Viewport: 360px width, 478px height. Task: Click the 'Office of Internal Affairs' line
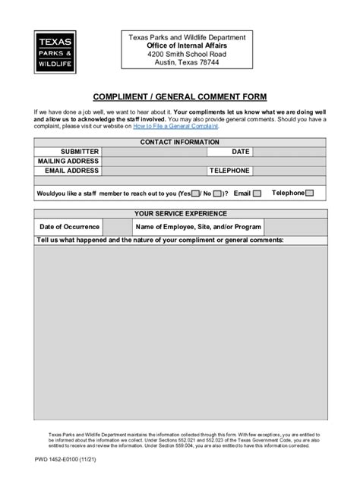point(181,46)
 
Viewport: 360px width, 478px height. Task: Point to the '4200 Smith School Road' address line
point(181,55)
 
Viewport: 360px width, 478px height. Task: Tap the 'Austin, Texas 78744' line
point(181,64)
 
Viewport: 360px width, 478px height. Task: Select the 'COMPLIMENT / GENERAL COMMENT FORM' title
point(181,98)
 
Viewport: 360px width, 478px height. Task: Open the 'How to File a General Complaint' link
point(176,127)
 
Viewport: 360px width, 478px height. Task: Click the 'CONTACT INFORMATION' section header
point(181,142)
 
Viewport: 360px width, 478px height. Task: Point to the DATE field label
point(241,152)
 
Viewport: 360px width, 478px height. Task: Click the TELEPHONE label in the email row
point(229,171)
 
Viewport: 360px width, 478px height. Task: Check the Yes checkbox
point(196,193)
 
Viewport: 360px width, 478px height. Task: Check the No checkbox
point(217,193)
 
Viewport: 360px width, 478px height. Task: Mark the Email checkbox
point(257,193)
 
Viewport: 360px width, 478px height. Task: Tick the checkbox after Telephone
point(310,193)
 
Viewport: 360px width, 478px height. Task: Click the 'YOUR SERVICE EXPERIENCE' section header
point(181,214)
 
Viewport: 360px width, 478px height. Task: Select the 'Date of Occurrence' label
point(69,227)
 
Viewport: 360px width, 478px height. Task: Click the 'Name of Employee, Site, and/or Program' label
point(198,227)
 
